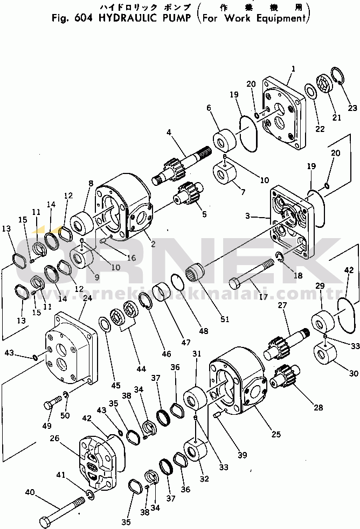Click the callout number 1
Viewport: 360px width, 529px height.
(293, 68)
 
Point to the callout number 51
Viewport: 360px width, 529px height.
(224, 319)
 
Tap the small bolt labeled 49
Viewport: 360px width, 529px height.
(53, 401)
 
